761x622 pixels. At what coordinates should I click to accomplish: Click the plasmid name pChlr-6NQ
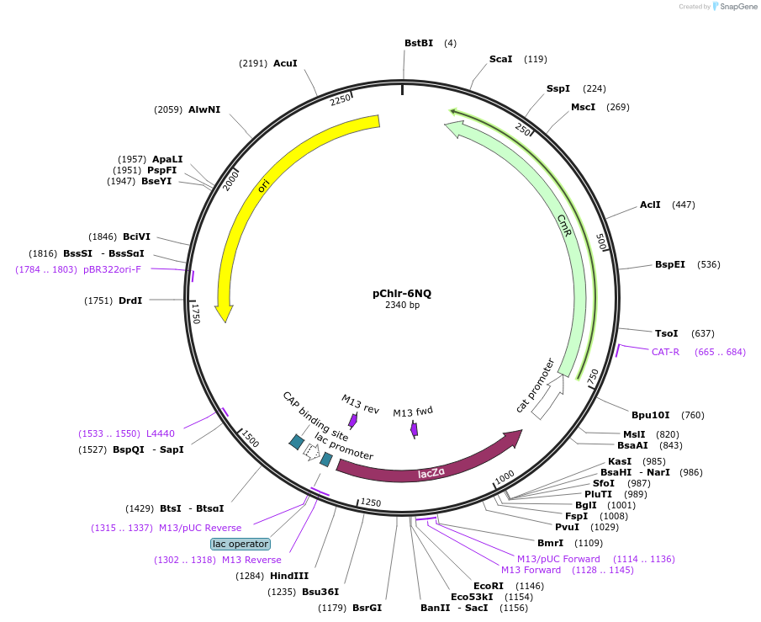click(x=402, y=293)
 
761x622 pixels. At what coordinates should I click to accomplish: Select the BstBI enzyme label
click(x=419, y=43)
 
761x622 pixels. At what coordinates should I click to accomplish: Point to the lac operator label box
click(x=240, y=544)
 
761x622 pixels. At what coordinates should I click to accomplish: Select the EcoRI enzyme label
click(x=488, y=585)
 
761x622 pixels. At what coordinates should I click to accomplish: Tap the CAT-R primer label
click(x=665, y=352)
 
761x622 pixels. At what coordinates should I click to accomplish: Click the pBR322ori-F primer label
click(x=112, y=269)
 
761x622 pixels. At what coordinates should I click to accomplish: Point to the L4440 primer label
click(x=161, y=433)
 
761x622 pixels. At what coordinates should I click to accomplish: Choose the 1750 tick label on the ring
click(x=196, y=314)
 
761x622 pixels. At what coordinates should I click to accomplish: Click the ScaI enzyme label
click(x=500, y=59)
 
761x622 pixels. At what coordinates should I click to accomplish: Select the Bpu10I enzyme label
click(x=651, y=414)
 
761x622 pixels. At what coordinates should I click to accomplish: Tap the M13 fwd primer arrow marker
click(x=414, y=429)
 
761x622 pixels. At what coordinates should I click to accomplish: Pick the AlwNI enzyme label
click(x=204, y=109)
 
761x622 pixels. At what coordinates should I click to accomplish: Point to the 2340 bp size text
click(x=402, y=306)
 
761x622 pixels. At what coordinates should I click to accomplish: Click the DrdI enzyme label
click(x=130, y=300)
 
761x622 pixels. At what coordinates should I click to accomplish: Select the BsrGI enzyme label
click(x=367, y=608)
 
